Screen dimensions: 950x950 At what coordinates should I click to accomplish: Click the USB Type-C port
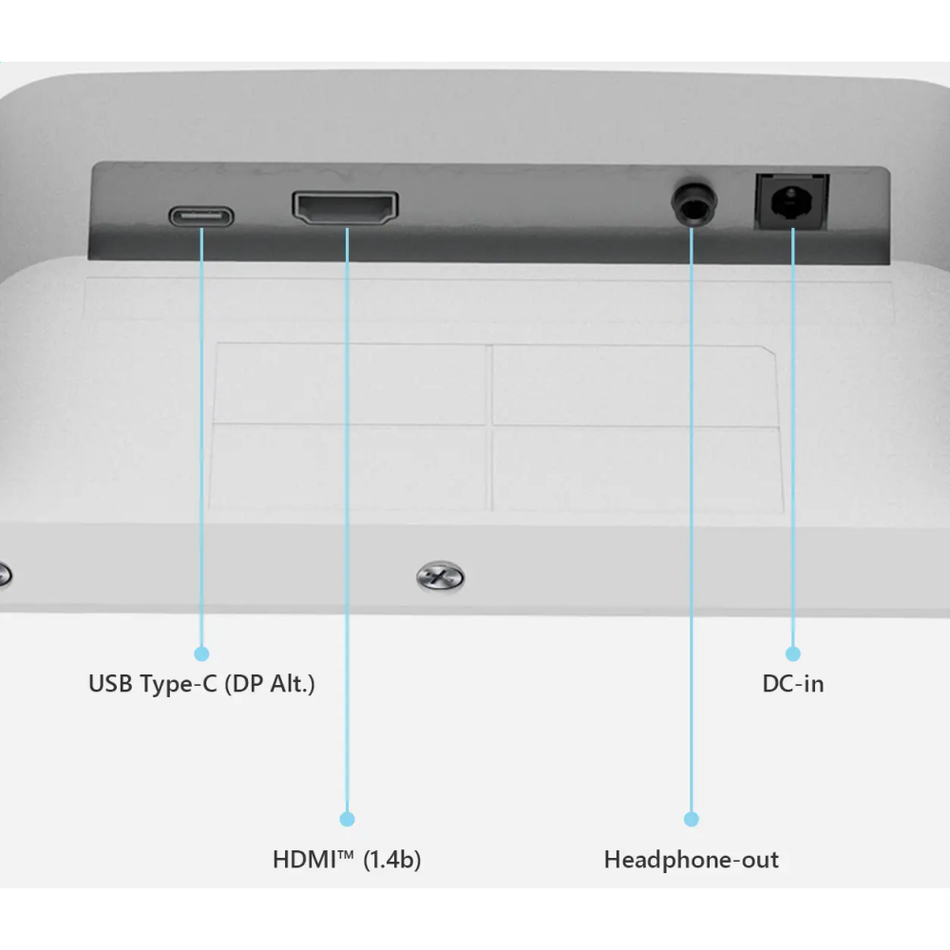click(201, 217)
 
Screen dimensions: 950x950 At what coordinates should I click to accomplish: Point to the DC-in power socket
click(790, 201)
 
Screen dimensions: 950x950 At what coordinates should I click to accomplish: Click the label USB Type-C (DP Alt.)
click(201, 684)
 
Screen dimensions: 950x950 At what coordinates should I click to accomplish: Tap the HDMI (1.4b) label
click(347, 860)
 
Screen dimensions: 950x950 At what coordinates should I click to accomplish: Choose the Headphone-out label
click(692, 860)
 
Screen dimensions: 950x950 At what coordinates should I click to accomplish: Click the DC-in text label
click(793, 684)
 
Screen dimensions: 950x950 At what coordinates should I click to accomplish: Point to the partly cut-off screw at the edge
click(4, 574)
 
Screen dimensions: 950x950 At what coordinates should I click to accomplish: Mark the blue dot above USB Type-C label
click(201, 654)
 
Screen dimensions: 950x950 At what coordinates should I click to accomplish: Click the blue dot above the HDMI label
click(347, 818)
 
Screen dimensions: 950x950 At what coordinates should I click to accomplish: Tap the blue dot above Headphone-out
click(692, 818)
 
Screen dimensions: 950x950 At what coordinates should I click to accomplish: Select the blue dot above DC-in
click(793, 654)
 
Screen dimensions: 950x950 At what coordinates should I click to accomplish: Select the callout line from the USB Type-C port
click(201, 427)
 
